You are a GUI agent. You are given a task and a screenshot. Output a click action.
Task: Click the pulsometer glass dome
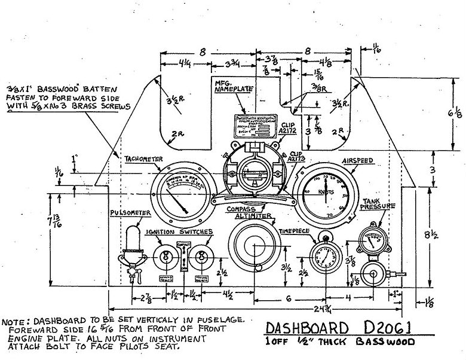pos(132,236)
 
